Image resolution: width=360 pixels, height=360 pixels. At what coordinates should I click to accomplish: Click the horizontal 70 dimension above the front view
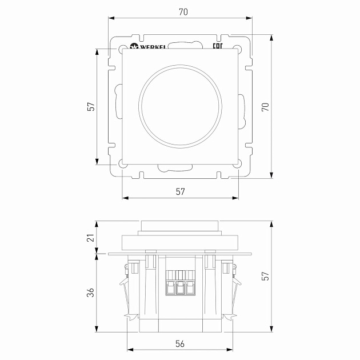[x=183, y=12]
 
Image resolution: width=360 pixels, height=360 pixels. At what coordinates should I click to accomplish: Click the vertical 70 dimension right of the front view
[x=265, y=107]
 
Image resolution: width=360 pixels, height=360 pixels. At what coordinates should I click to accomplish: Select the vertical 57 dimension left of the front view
[x=91, y=106]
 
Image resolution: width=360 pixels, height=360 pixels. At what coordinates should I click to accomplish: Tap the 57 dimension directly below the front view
[x=180, y=191]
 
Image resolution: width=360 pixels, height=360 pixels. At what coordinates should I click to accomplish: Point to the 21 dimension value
[x=91, y=238]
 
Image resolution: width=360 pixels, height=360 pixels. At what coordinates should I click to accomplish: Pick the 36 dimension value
[x=90, y=293]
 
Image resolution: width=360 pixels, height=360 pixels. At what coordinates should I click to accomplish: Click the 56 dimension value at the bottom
[x=180, y=343]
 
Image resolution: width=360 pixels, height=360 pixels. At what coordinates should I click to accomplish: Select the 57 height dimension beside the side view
[x=265, y=276]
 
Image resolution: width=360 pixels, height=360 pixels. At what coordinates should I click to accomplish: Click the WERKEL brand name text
[x=153, y=47]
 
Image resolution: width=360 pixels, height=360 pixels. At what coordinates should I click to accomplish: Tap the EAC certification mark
[x=218, y=46]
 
